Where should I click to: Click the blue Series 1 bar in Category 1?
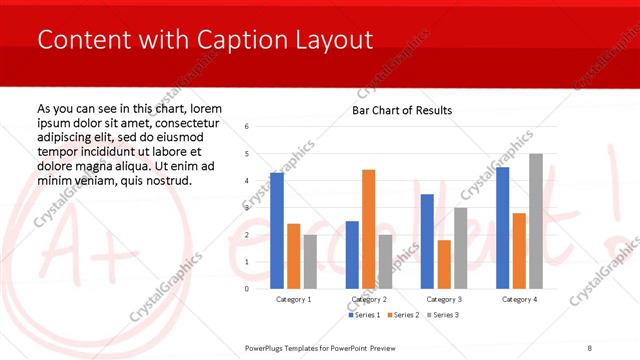pos(277,230)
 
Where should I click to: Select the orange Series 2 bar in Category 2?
pos(368,229)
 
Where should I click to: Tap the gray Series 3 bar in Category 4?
pos(536,221)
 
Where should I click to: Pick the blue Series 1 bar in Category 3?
pos(427,241)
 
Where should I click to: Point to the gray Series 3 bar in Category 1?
pos(310,261)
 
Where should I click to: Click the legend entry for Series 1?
pos(363,316)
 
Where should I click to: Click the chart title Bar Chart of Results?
pos(402,110)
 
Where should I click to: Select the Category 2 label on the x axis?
pos(368,300)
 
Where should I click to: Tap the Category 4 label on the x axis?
pos(519,300)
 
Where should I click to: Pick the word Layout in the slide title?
pos(329,41)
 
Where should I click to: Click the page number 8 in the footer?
pos(589,346)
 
